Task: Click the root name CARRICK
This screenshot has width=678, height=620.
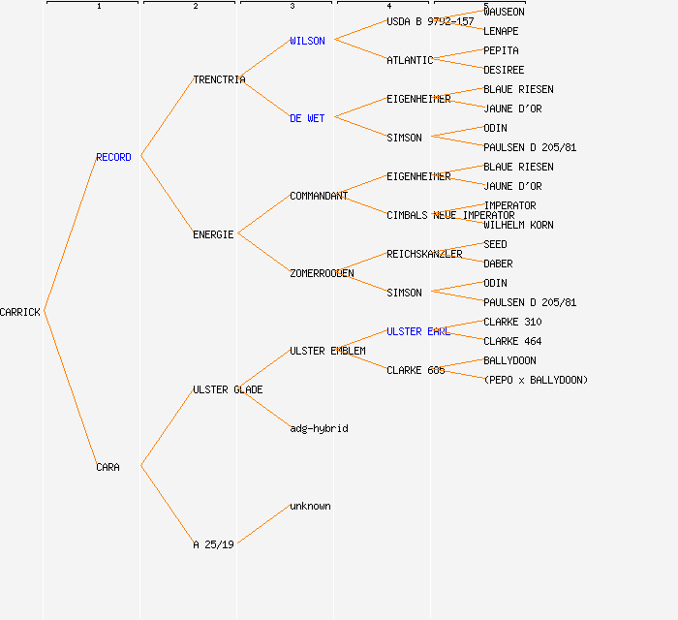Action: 20,312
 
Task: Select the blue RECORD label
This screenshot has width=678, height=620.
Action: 113,157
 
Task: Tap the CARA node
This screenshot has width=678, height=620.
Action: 108,467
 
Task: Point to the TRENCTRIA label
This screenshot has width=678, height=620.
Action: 219,79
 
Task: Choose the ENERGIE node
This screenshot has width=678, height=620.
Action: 213,234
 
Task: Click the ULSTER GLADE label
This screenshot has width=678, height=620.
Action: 228,389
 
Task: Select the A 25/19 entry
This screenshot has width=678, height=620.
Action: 213,544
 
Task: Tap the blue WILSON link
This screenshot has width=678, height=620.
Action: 307,41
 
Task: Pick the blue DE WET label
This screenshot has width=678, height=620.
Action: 307,118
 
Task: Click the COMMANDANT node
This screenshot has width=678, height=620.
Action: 319,196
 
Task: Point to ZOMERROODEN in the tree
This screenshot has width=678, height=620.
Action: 322,273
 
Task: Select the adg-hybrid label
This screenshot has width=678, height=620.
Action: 319,428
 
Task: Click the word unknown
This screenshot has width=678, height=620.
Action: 310,506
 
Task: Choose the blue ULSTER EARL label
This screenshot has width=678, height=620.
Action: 418,331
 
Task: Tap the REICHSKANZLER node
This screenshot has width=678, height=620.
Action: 424,254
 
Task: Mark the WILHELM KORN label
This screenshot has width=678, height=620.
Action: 518,225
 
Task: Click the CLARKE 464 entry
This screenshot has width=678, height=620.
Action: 512,341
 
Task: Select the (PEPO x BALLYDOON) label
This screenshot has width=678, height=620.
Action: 536,380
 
